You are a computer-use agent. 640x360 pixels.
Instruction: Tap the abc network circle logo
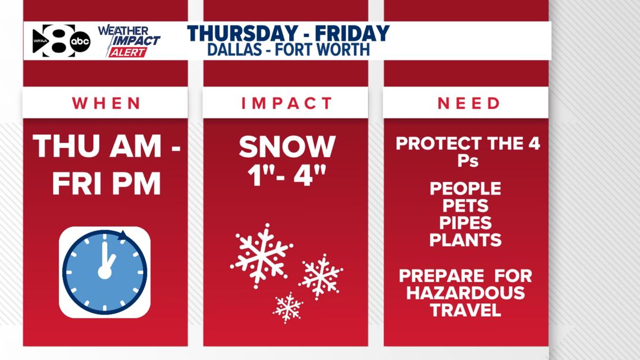(x=80, y=41)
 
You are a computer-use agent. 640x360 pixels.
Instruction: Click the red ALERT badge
(x=128, y=52)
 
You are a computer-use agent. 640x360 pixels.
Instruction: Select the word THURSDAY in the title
(x=243, y=34)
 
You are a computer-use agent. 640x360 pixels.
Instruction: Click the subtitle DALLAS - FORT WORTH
(x=289, y=50)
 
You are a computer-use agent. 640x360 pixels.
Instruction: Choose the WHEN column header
(x=107, y=103)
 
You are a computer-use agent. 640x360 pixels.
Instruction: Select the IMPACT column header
(x=286, y=103)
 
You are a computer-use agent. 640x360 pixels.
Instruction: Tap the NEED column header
(x=469, y=103)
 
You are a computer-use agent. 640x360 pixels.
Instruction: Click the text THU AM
(x=98, y=147)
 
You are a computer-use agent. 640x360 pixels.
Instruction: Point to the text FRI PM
(x=107, y=184)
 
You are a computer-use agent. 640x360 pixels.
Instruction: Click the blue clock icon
(x=105, y=272)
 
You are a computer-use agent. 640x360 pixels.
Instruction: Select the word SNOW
(x=287, y=147)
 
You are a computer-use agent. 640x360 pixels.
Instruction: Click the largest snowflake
(x=261, y=256)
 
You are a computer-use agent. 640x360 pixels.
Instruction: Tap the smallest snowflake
(x=288, y=307)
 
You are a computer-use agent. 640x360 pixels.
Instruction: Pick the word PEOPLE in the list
(x=466, y=189)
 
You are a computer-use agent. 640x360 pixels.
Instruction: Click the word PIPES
(x=466, y=223)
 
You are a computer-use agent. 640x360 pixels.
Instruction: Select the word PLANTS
(x=466, y=240)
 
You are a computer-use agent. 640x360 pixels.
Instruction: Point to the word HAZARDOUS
(x=466, y=293)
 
